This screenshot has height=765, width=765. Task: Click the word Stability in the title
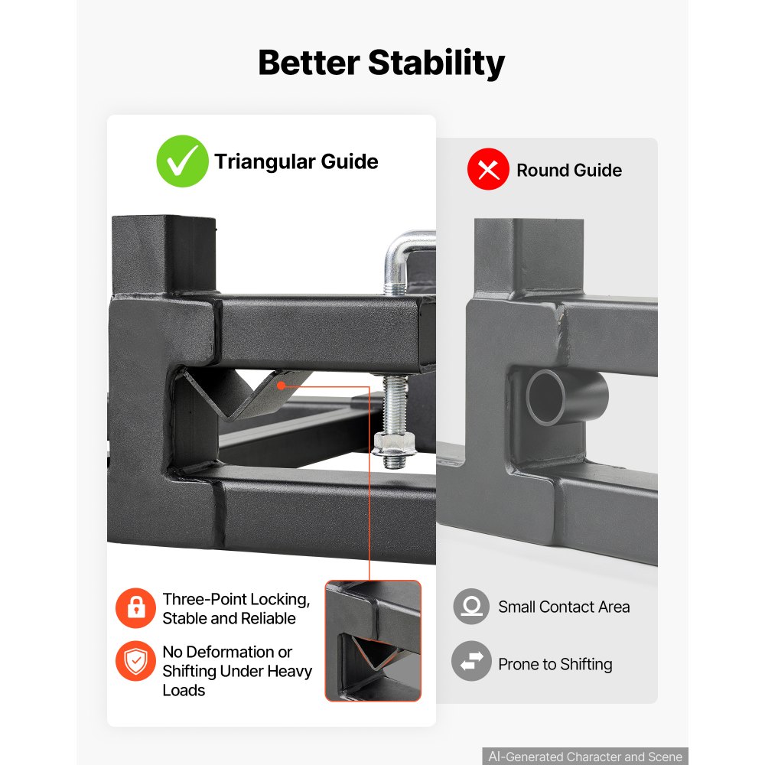[x=436, y=63]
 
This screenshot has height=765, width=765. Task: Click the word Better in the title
[x=309, y=63]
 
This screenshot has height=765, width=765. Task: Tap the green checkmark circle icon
[x=183, y=161]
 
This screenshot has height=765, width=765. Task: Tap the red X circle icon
[x=488, y=169]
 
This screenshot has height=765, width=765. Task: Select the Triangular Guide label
[x=296, y=161]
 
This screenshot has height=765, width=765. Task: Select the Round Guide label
[x=569, y=171]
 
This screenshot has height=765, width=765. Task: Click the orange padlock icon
[x=135, y=608]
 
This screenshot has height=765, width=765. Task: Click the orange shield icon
[x=135, y=661]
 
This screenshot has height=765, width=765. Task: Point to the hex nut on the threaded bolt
[x=394, y=443]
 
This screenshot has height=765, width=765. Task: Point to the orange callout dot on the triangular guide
[x=281, y=386]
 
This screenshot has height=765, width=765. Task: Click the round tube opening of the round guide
[x=546, y=396]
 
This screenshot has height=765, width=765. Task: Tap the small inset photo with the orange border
[x=373, y=640]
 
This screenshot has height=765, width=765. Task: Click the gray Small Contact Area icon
[x=471, y=607]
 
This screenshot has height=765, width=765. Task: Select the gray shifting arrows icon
[x=471, y=661]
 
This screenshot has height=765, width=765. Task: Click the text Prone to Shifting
[x=555, y=664]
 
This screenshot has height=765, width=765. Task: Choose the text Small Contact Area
[x=564, y=607]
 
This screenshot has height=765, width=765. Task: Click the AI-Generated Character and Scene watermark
[x=585, y=757]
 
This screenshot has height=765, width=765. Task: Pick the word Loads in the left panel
[x=184, y=690]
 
